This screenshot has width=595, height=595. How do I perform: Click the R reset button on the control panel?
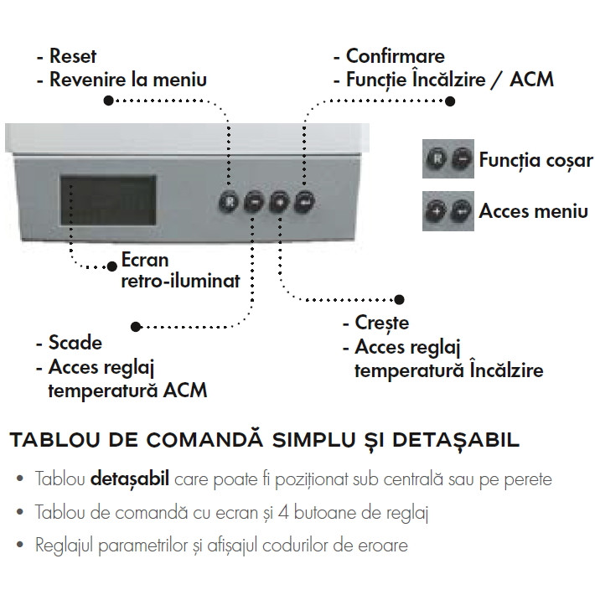[229, 202]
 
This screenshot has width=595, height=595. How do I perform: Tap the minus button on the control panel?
[254, 202]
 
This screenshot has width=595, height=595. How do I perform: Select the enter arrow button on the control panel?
[305, 202]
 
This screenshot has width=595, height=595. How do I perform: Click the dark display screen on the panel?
[108, 200]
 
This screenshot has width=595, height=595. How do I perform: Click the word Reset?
[73, 56]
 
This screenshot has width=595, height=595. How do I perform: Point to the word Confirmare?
[395, 56]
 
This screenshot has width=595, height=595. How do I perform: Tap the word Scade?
[75, 343]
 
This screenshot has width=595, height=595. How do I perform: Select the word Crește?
[382, 323]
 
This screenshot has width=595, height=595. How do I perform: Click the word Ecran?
[145, 261]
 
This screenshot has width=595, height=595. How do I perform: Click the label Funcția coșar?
[535, 160]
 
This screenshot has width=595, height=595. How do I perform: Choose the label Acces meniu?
[533, 211]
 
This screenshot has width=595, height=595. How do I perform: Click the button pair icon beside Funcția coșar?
[448, 158]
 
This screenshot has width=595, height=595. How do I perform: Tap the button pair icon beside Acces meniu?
[448, 211]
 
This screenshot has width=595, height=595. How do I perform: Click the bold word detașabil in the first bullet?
[130, 479]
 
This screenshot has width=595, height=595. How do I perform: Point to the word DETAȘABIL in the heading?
[456, 440]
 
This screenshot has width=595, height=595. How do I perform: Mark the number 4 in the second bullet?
[283, 513]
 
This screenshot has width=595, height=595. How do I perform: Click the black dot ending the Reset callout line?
[109, 101]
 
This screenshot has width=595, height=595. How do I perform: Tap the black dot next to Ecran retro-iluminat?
[112, 266]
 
